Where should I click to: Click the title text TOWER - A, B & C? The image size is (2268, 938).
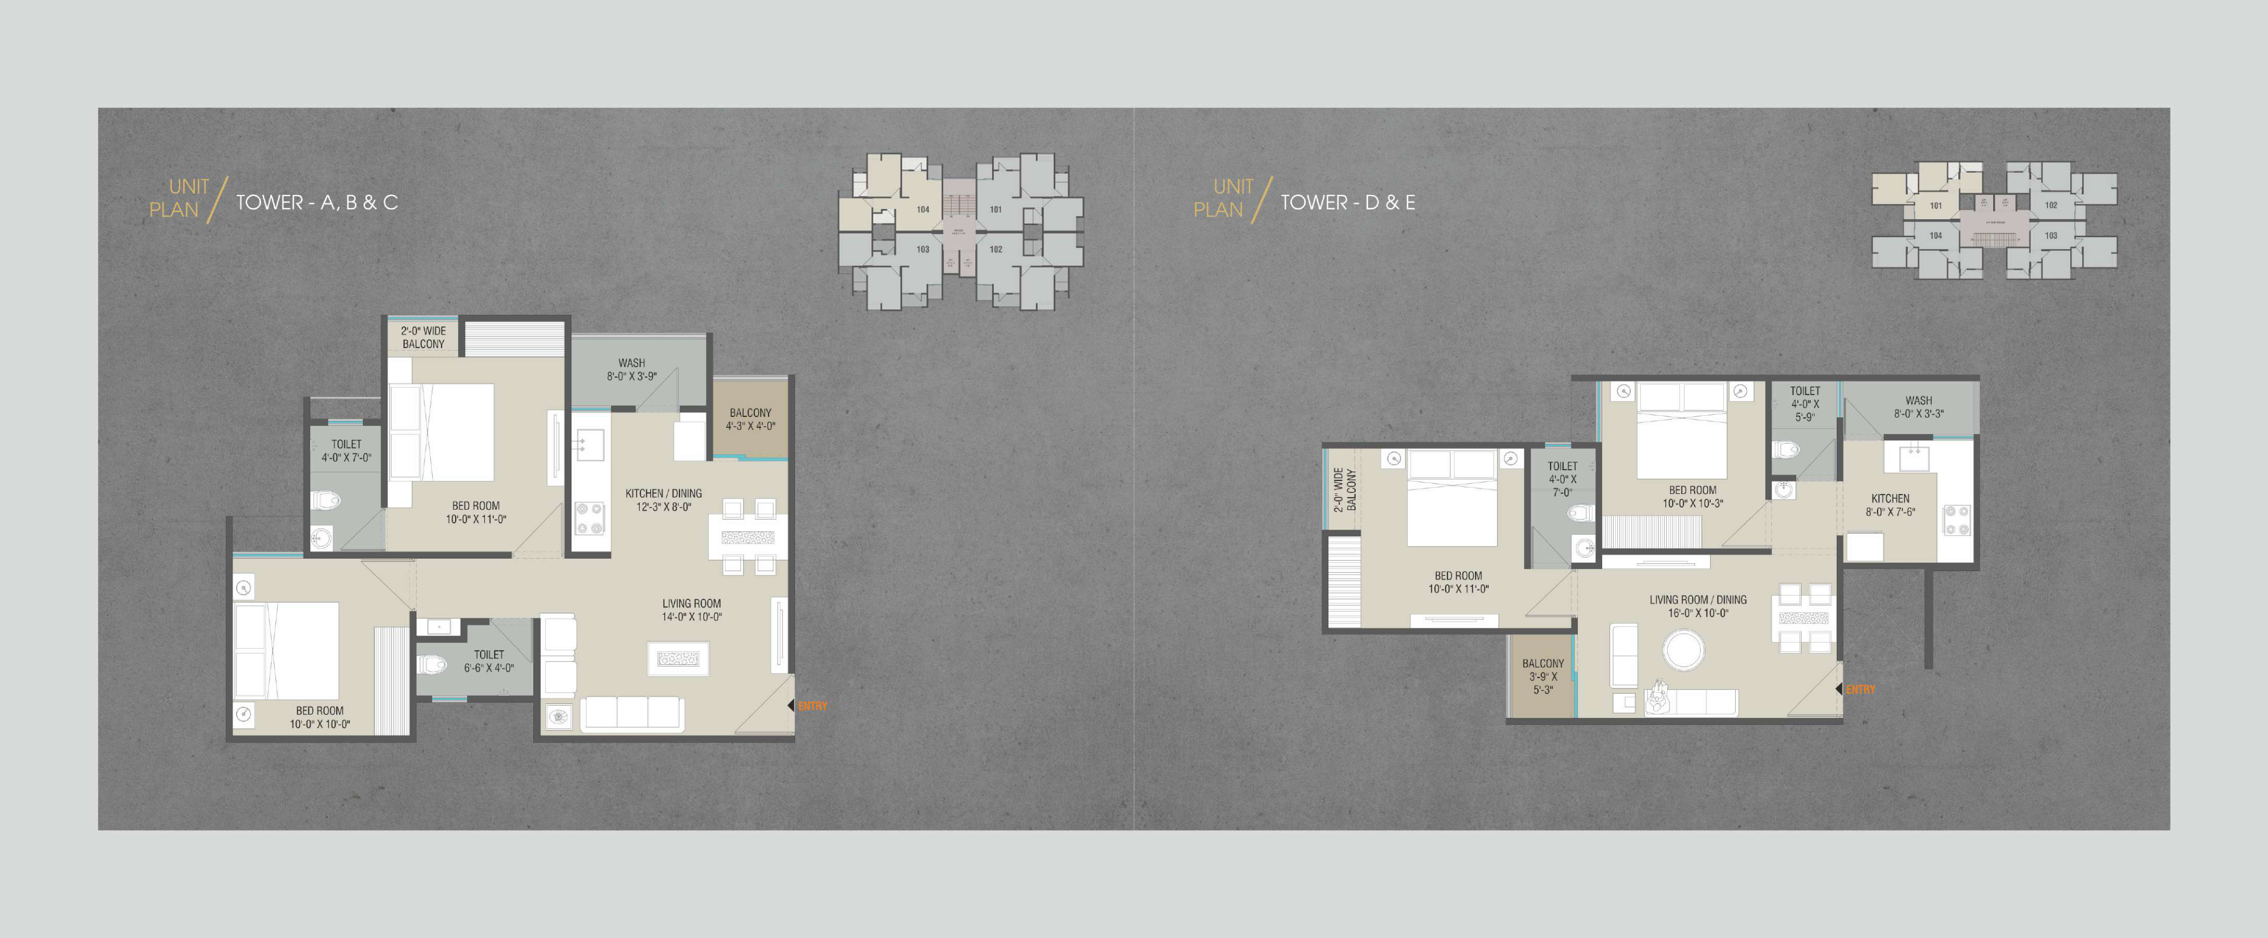(x=317, y=202)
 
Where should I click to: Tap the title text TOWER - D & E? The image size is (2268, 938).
(x=1347, y=202)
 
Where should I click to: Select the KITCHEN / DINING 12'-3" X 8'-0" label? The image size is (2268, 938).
(x=664, y=500)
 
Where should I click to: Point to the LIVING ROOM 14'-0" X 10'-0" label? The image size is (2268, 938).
(x=691, y=610)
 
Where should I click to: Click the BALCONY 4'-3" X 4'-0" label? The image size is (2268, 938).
(x=750, y=419)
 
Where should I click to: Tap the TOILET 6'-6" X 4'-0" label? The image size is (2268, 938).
(x=489, y=661)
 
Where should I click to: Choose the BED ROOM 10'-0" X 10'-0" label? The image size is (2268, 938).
(x=319, y=717)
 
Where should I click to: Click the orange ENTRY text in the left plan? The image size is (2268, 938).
(x=812, y=706)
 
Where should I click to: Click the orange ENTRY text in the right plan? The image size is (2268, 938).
(x=1860, y=689)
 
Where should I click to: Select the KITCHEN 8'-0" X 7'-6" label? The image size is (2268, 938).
(x=1891, y=504)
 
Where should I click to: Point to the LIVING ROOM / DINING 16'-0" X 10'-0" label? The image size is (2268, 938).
(x=1698, y=606)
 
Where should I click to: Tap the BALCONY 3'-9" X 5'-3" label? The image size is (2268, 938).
(x=1542, y=677)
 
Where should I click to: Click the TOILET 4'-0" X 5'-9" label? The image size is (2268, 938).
(x=1804, y=404)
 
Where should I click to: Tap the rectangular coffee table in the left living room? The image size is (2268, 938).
(x=678, y=658)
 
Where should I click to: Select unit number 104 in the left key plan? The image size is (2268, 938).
(x=923, y=210)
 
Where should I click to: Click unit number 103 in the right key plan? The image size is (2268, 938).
(x=2051, y=236)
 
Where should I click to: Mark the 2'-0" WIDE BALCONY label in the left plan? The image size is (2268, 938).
(x=424, y=337)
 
